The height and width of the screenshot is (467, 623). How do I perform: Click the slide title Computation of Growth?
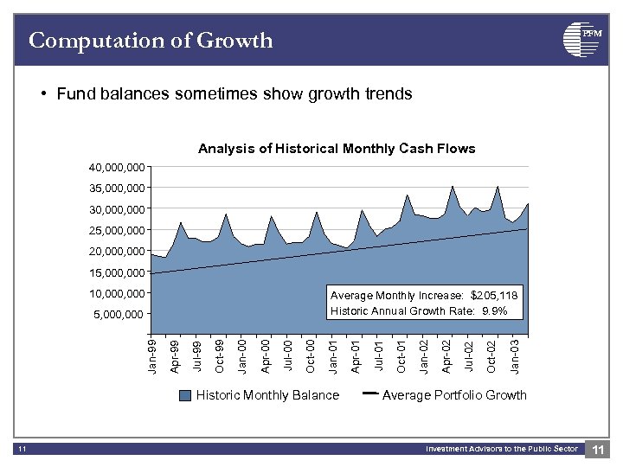151,41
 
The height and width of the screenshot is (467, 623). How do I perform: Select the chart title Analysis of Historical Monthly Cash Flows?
337,149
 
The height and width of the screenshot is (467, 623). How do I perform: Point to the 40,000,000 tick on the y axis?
117,167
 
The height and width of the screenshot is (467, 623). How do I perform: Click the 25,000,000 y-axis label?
117,230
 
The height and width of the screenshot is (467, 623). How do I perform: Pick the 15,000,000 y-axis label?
117,272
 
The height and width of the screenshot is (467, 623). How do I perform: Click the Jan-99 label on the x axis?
153,356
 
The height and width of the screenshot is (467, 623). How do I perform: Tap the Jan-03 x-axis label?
516,356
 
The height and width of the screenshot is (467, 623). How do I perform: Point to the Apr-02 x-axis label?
447,356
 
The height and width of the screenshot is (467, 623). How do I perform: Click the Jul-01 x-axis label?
379,356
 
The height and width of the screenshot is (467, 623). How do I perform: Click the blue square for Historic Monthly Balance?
185,396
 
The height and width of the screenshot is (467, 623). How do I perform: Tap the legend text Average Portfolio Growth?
453,395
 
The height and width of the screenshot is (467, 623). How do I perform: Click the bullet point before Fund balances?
43,93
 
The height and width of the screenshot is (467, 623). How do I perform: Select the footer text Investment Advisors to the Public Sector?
501,449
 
